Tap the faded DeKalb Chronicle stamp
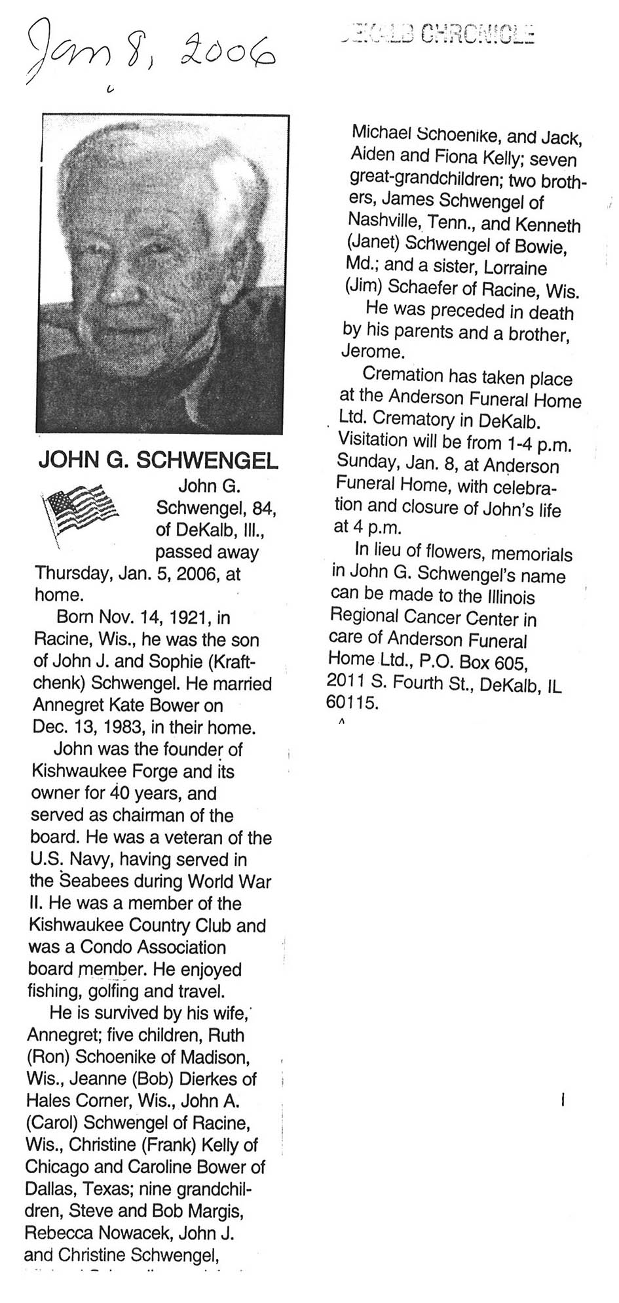click(437, 33)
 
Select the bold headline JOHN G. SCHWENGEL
click(158, 461)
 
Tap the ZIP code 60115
click(352, 704)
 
